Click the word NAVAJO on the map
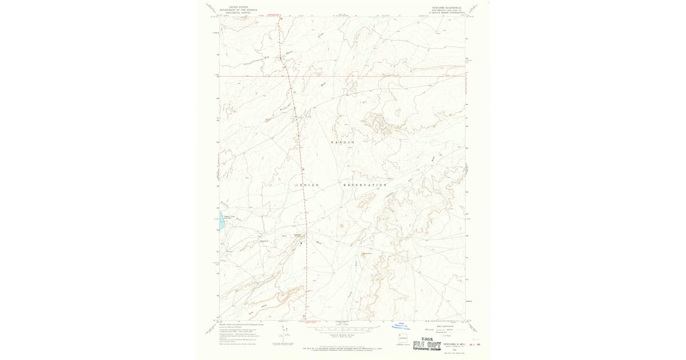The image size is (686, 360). click(343, 142)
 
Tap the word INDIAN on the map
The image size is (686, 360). click(307, 185)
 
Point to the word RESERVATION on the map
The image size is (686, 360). click(365, 185)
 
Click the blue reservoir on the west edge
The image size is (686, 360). click(221, 224)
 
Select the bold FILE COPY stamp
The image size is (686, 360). click(426, 344)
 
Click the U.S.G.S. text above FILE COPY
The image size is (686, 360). click(426, 338)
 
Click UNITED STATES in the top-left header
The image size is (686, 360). click(238, 7)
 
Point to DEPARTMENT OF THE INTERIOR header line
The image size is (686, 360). click(238, 10)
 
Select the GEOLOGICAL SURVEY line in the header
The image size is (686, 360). click(238, 12)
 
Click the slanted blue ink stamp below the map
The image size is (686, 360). click(401, 326)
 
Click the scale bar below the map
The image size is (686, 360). click(343, 329)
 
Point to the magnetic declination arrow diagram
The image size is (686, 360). click(280, 336)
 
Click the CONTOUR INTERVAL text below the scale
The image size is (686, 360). click(343, 335)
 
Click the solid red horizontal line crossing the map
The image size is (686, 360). click(343, 75)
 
